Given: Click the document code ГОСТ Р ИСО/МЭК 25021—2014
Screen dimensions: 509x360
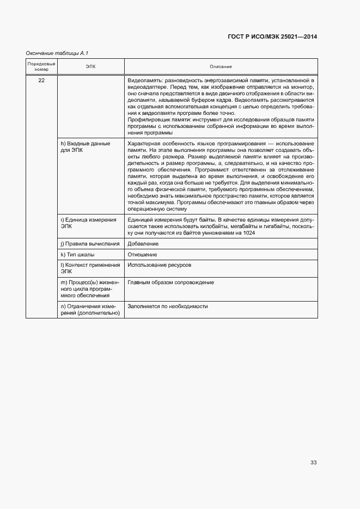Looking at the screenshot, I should (272, 37).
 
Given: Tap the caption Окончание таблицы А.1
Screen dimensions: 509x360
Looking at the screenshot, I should (57, 53).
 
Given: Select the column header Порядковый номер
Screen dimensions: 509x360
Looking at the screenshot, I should (41, 66).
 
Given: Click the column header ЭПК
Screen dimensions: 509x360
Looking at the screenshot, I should (90, 66).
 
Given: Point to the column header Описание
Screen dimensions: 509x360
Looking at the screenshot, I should (221, 66).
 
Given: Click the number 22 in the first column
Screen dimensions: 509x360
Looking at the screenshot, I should (41, 81).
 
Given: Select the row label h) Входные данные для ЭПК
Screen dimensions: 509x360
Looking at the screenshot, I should (85, 146).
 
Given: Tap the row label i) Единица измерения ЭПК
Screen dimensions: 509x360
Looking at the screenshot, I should (88, 223).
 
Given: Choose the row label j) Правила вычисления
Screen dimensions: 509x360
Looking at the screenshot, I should (90, 244).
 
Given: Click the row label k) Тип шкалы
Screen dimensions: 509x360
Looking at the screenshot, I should (77, 254).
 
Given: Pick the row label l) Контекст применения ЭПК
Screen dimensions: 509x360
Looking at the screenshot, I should (90, 268).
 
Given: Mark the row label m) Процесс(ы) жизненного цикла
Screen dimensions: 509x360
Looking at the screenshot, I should (89, 289).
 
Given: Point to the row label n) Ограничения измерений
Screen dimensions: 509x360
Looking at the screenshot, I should (90, 310).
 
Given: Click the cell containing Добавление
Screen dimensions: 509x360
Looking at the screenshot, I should (143, 244).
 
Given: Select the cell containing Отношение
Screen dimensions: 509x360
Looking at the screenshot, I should (142, 254).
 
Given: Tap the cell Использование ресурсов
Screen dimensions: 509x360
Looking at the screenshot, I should (159, 265).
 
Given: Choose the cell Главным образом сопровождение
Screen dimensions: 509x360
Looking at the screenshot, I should (170, 283).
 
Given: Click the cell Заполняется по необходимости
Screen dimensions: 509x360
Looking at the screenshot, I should (168, 306).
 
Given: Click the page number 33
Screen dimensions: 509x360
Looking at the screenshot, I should (313, 463).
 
